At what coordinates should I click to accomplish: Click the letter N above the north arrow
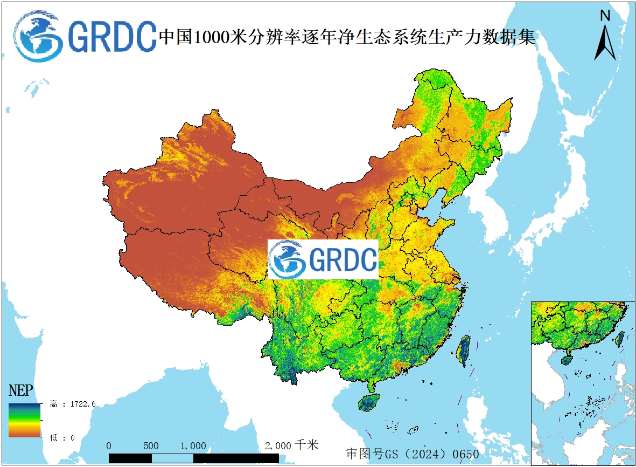605,16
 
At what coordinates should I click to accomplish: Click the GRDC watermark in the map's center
323,260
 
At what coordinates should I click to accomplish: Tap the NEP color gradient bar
24,420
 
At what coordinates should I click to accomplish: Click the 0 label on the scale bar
109,446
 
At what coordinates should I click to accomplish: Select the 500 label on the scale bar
151,446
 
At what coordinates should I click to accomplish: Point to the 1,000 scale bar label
193,446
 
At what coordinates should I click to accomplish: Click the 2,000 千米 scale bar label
291,445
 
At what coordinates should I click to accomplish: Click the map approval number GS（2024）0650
413,454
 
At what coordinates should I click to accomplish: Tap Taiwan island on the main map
463,350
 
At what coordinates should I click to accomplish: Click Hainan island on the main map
368,402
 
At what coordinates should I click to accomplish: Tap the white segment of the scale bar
172,458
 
